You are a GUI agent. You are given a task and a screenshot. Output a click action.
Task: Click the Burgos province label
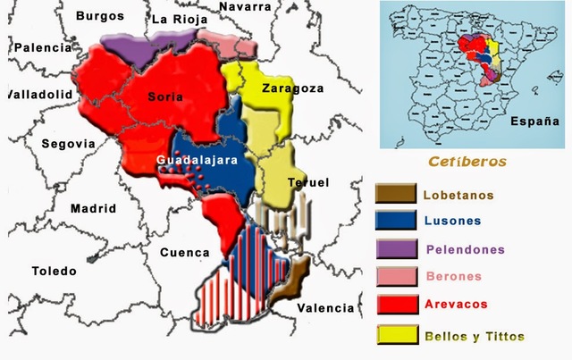(100, 16)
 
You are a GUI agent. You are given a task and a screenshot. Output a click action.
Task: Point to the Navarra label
(244, 6)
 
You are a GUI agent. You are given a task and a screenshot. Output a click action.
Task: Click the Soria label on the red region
(167, 96)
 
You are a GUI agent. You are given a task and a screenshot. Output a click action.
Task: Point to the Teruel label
(308, 182)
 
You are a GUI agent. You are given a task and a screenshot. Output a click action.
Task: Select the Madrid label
(93, 208)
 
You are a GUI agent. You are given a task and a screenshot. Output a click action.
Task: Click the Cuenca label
(184, 253)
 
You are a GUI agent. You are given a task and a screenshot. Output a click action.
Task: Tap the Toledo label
(55, 271)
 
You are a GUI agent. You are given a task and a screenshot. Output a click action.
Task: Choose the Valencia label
(326, 308)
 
